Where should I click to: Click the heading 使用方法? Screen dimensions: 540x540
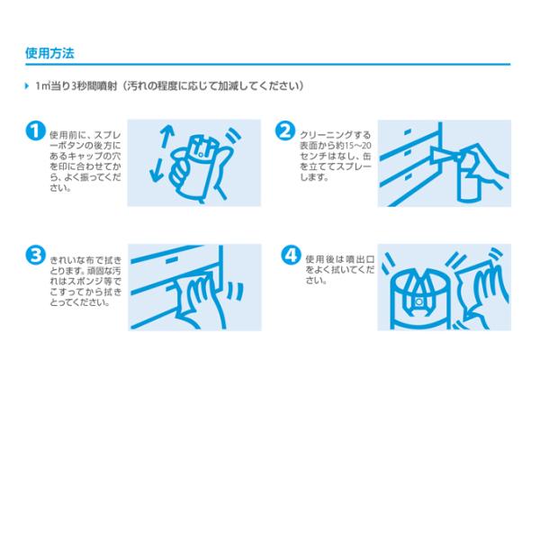[49, 53]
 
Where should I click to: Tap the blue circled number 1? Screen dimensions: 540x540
[35, 130]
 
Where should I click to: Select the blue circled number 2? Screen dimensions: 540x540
[284, 130]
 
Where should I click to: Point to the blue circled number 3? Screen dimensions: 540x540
[35, 256]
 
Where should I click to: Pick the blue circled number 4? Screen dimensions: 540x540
[291, 256]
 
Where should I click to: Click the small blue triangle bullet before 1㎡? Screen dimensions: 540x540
[27, 85]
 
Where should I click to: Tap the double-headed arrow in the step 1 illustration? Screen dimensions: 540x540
[162, 153]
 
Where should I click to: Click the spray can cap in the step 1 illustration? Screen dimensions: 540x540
[203, 148]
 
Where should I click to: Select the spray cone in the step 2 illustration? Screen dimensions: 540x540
[445, 155]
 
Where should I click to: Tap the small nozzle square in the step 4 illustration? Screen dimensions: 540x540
[418, 302]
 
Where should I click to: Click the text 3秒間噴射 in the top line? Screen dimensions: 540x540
[94, 85]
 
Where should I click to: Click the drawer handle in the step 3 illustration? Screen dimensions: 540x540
[173, 260]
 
